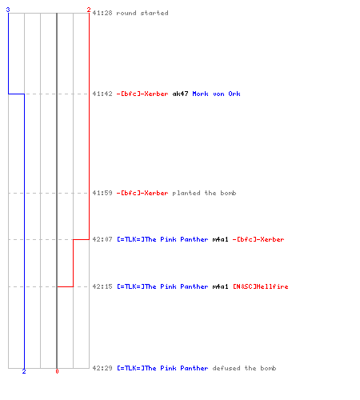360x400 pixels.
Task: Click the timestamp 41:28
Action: click(102, 13)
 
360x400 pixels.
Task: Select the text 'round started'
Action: click(142, 13)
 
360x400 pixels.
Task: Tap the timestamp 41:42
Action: click(102, 94)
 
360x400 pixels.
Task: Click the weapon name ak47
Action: click(180, 94)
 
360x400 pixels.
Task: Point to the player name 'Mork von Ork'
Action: click(216, 94)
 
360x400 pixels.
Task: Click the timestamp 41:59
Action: click(102, 193)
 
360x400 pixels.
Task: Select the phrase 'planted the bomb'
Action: click(204, 193)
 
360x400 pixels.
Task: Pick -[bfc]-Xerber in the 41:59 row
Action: click(142, 193)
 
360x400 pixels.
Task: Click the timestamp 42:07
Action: click(102, 239)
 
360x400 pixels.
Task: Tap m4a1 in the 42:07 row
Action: click(220, 239)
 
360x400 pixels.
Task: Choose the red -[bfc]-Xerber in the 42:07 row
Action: click(258, 239)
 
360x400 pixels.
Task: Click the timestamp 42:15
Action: click(102, 286)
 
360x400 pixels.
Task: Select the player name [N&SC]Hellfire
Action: click(261, 286)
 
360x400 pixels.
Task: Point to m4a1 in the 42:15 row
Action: click(220, 286)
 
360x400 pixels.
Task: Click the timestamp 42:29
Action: click(102, 368)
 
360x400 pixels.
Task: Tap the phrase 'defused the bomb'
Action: click(244, 368)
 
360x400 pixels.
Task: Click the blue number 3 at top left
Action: click(8, 10)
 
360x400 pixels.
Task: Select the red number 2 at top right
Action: click(89, 10)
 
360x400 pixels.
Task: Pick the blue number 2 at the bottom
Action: click(24, 371)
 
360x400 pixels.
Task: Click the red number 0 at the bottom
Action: click(57, 371)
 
